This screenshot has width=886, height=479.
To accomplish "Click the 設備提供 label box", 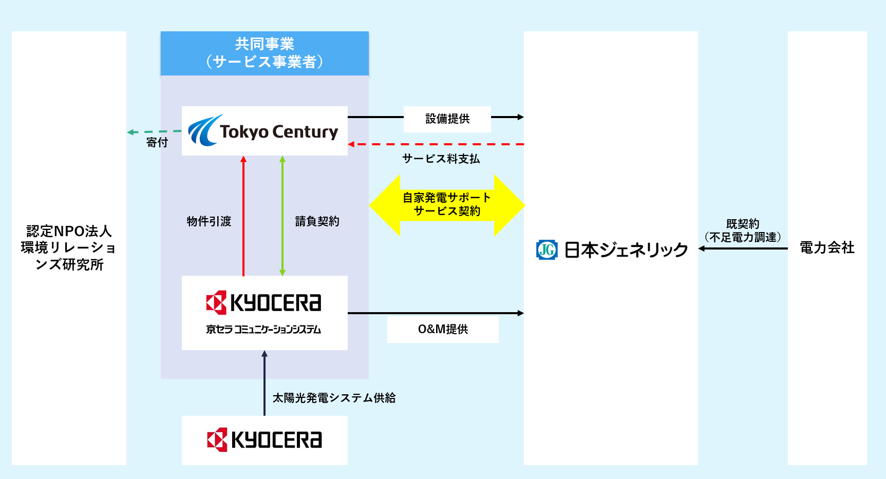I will click(447, 119).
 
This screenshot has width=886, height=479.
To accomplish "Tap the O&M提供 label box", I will click(443, 329).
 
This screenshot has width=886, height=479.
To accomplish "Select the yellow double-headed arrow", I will click(447, 205).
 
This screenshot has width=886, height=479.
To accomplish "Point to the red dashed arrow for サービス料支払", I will click(437, 144).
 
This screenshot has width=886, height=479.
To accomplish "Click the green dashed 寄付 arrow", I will click(154, 132).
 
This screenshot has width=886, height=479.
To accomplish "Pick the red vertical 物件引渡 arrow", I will click(243, 216).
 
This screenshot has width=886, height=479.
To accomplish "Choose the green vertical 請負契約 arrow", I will click(282, 216).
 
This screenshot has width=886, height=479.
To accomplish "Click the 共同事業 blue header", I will click(265, 53).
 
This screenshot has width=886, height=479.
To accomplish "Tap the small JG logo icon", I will click(546, 250).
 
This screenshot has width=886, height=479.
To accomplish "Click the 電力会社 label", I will click(827, 248).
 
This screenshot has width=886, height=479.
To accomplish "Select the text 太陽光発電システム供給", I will click(334, 398).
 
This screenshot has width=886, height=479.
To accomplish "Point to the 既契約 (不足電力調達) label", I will click(743, 231).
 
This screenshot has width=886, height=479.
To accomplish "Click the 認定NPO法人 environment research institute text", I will click(69, 248).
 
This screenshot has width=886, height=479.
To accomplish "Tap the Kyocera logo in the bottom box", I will click(265, 440).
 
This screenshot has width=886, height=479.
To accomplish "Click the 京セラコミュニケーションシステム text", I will click(263, 330).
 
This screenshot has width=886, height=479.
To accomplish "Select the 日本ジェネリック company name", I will click(626, 250).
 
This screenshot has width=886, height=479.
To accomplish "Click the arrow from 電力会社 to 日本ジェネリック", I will click(743, 248).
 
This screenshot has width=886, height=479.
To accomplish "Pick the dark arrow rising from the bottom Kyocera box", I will click(265, 382).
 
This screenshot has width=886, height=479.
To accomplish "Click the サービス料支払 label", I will click(441, 159).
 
